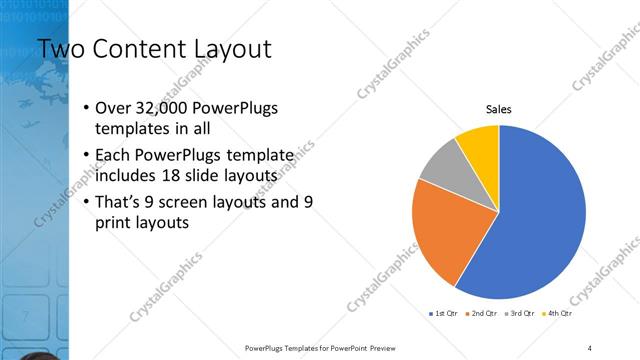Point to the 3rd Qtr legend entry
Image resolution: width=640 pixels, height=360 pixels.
tap(522, 314)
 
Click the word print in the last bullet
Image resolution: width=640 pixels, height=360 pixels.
tap(112, 222)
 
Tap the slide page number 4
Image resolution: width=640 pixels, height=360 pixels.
tap(590, 348)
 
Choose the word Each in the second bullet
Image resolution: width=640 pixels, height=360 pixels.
tap(113, 155)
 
